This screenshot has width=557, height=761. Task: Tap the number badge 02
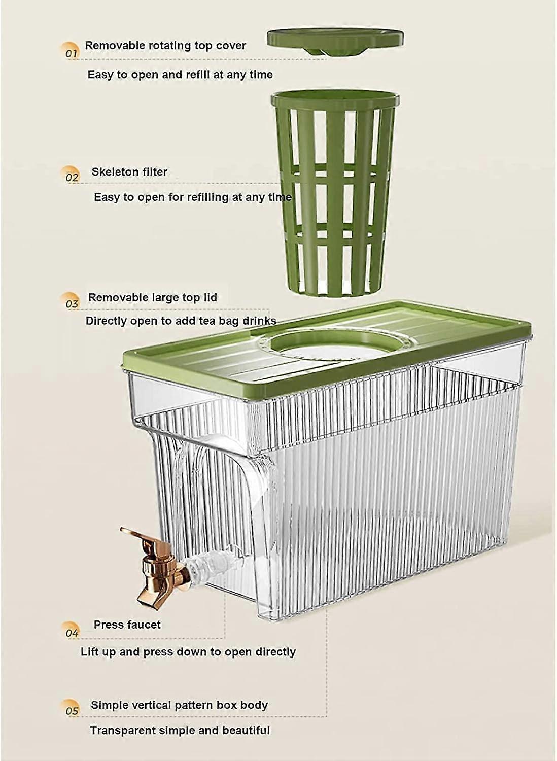(x=72, y=175)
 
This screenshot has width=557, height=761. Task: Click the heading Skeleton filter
(x=129, y=172)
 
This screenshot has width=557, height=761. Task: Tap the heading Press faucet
(x=127, y=625)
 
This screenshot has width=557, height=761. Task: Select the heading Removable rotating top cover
(x=165, y=45)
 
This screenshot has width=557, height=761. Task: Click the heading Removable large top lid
(x=153, y=298)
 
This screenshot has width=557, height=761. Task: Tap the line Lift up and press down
(x=188, y=652)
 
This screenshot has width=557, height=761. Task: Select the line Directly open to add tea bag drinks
(x=181, y=321)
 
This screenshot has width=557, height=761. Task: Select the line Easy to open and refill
(x=180, y=75)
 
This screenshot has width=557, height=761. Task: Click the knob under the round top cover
(x=319, y=50)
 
